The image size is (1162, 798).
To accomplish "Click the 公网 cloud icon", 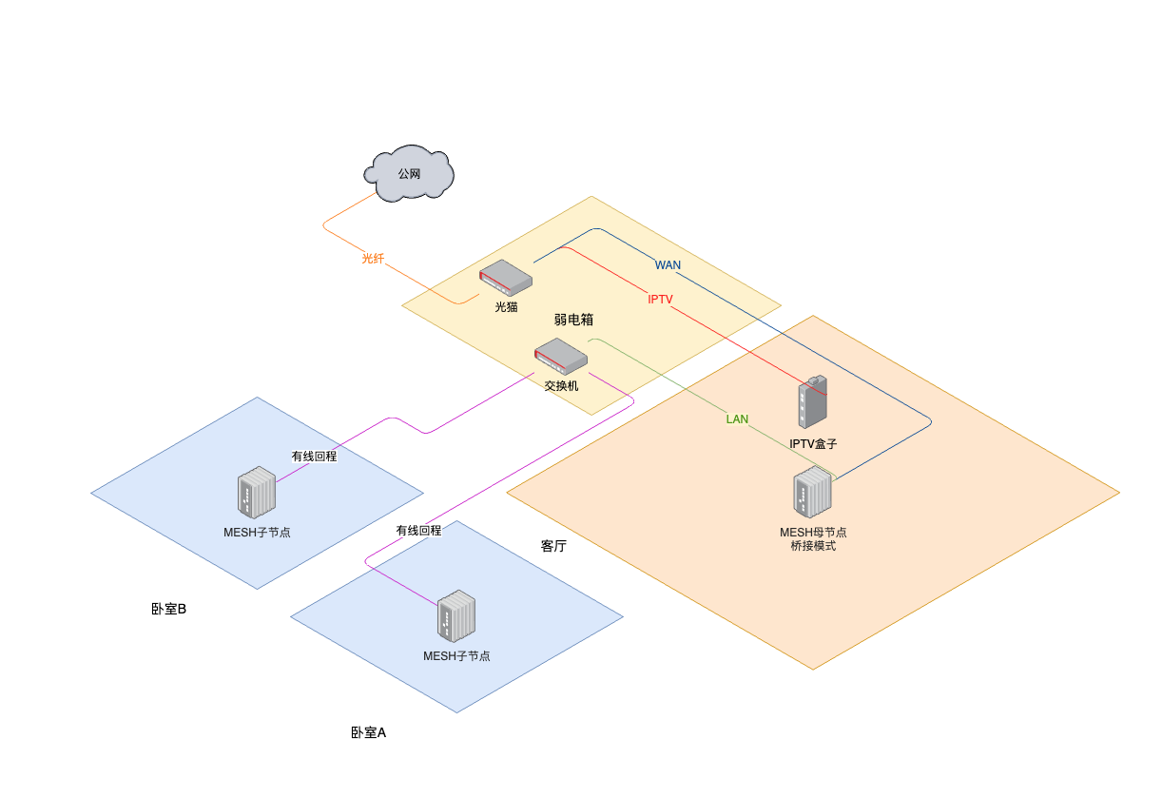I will tap(409, 174).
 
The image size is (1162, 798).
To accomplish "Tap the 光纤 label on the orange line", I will tap(373, 258).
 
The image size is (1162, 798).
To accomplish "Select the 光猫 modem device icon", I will tap(505, 278).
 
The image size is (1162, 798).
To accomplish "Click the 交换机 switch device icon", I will tap(560, 356).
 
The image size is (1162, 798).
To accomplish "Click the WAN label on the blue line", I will tap(668, 264).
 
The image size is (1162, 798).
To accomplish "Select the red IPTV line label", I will tap(660, 300).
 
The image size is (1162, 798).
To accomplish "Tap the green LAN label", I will tap(737, 418).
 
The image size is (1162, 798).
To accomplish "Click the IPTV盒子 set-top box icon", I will tap(812, 401).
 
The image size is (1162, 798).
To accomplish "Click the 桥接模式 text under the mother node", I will tap(813, 546).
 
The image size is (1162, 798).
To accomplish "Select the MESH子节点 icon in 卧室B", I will tap(257, 493).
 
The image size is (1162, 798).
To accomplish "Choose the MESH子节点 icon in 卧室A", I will tap(456, 616).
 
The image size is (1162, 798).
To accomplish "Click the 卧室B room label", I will tap(168, 609).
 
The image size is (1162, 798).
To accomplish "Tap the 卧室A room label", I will tap(368, 732).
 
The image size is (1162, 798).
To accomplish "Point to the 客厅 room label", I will tap(553, 546).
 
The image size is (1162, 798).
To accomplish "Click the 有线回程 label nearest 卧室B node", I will tap(314, 456).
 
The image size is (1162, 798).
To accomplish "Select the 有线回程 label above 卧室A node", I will tap(418, 530).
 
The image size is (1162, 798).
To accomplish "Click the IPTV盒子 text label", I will tap(813, 444).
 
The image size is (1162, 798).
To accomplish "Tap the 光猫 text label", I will tap(506, 306).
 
